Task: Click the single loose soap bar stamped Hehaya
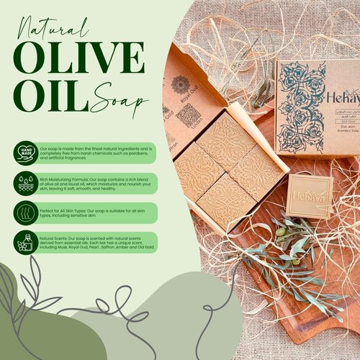click(x=310, y=196)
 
